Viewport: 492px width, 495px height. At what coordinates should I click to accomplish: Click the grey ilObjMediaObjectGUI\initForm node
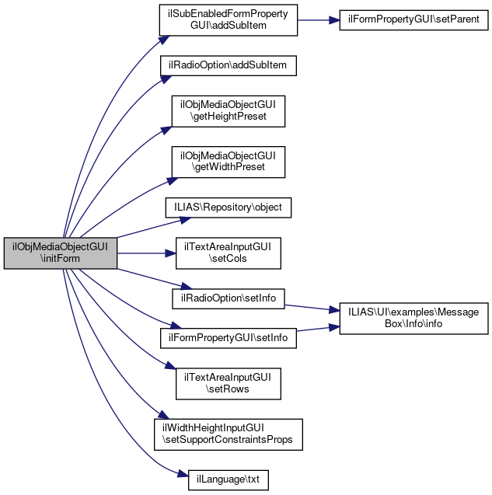point(61,253)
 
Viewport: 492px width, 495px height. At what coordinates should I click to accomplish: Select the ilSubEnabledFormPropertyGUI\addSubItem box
point(229,21)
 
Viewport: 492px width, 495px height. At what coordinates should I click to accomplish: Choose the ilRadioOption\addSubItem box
point(229,66)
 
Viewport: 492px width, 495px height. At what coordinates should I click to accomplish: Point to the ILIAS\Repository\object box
point(229,207)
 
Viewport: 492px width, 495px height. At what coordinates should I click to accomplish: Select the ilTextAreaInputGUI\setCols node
point(229,253)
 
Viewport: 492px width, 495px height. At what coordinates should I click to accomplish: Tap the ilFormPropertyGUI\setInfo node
point(229,338)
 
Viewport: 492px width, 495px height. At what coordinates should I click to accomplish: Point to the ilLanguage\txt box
point(229,479)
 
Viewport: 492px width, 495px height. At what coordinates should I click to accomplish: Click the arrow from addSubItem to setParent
point(319,21)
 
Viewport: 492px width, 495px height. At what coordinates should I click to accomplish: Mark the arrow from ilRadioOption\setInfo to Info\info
point(311,307)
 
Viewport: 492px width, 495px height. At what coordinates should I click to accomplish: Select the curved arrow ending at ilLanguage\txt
point(101,420)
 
